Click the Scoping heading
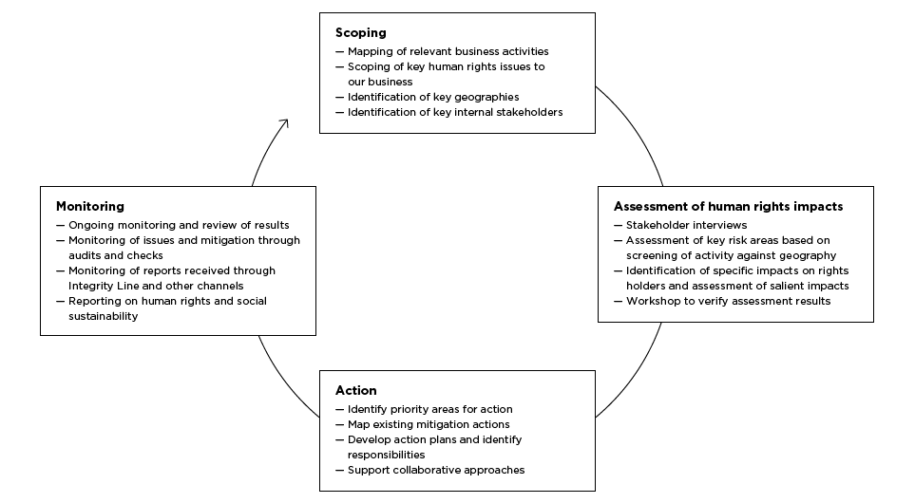pyautogui.click(x=361, y=33)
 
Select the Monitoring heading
pyautogui.click(x=90, y=207)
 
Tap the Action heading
pyautogui.click(x=356, y=390)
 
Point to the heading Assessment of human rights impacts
pyautogui.click(x=728, y=206)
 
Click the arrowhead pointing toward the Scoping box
pyautogui.click(x=285, y=122)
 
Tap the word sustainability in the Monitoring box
pyautogui.click(x=104, y=316)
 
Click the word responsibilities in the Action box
pyautogui.click(x=387, y=455)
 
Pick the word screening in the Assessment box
pyautogui.click(x=651, y=255)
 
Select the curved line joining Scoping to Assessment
pyautogui.click(x=635, y=131)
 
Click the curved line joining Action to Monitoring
pyautogui.click(x=283, y=382)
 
